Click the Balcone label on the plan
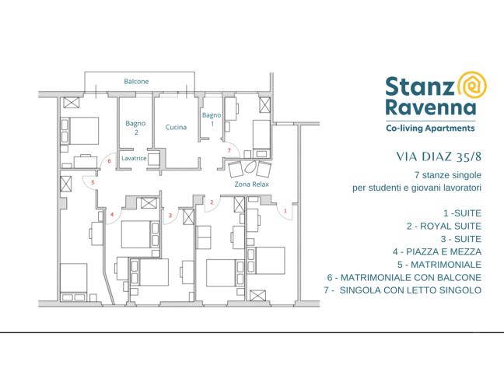point(136,81)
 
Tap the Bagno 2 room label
point(135,127)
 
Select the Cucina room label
point(176,127)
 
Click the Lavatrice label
point(134,158)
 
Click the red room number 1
point(285,210)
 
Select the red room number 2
point(211,202)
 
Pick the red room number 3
point(170,215)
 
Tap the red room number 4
point(111,214)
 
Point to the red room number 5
point(93,182)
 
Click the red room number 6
point(110,161)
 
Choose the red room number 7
point(229,149)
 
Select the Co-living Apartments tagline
point(430,127)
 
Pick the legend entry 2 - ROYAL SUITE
point(443,226)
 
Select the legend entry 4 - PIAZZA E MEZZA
point(437,251)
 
